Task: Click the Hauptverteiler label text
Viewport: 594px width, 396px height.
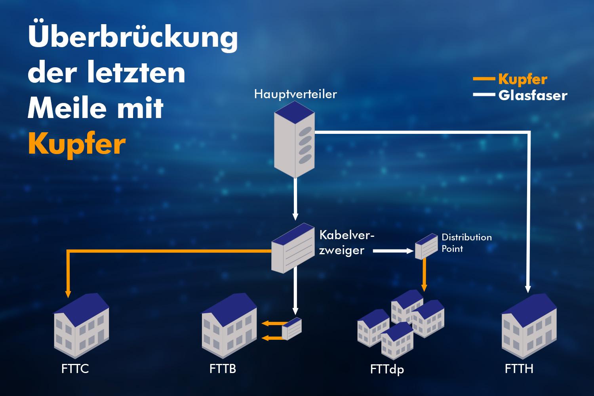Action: coord(295,94)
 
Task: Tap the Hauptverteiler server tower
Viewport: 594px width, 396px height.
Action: coord(294,139)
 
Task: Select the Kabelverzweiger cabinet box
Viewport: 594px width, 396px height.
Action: coord(293,248)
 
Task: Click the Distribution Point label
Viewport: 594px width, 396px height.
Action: coord(466,243)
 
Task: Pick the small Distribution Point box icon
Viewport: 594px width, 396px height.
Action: coord(426,246)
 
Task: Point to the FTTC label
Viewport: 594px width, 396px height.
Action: coord(75,369)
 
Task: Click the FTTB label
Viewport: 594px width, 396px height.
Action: coord(223,369)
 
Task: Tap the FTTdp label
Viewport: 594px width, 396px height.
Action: coord(387,369)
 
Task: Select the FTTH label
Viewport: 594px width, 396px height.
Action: coord(519,369)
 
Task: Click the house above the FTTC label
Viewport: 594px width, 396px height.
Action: coord(82,326)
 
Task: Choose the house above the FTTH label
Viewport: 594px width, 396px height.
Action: coord(529,326)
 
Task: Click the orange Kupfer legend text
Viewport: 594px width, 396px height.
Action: coord(523,79)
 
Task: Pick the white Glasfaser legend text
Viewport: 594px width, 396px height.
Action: coord(533,95)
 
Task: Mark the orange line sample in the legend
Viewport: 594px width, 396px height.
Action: coord(484,78)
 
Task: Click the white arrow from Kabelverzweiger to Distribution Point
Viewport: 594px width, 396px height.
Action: coord(393,251)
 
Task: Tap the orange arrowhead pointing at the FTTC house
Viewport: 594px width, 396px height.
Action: coord(68,294)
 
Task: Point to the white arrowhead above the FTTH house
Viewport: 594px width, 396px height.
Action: coord(528,289)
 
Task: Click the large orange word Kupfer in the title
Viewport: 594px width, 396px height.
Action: coord(77,145)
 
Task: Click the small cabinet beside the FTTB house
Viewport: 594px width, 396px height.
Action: coord(292,329)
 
